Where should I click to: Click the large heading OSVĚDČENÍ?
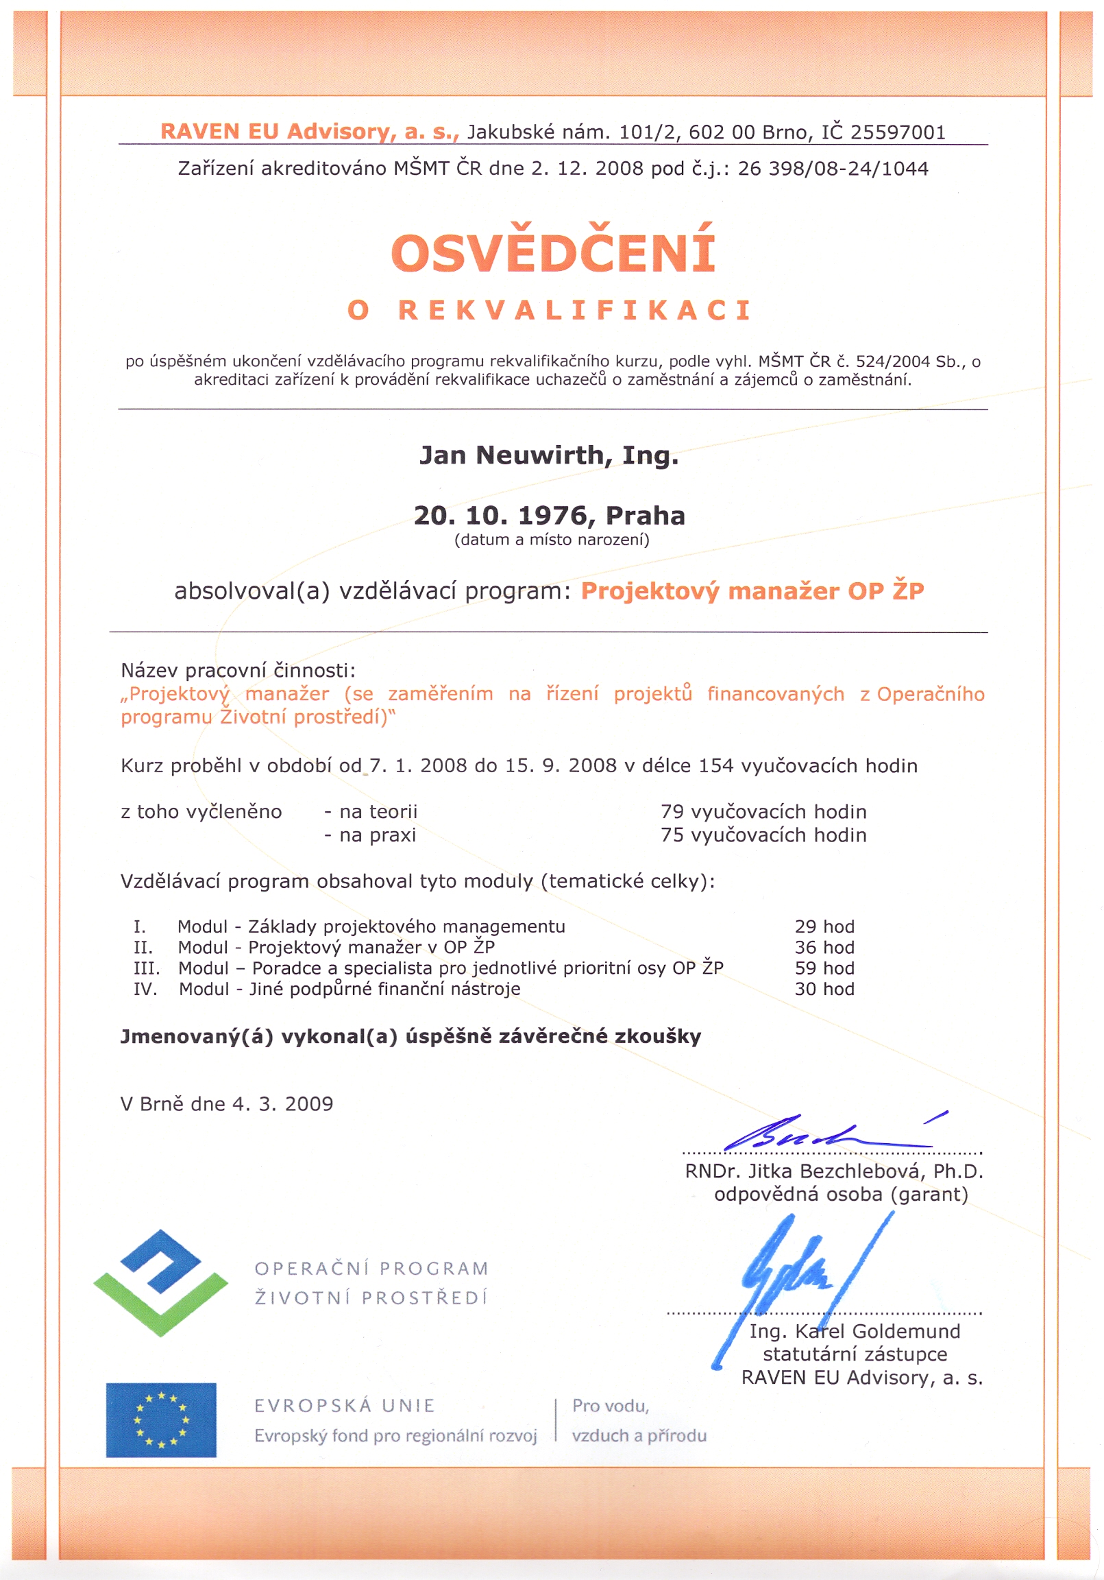[x=553, y=252]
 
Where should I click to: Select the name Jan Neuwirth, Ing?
[x=549, y=455]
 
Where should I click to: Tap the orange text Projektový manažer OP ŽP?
[x=752, y=591]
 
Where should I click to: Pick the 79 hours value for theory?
[x=672, y=812]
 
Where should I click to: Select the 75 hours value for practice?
[x=672, y=835]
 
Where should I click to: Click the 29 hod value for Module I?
[x=824, y=927]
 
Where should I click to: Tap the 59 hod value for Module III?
[x=824, y=968]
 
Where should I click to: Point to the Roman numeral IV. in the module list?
[x=146, y=990]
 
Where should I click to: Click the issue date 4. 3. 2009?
[x=283, y=1104]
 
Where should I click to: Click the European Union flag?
[x=161, y=1420]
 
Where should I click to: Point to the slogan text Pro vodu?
[x=610, y=1406]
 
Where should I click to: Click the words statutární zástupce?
[x=855, y=1354]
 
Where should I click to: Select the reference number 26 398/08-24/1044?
[x=833, y=169]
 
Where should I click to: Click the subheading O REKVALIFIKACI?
[x=550, y=311]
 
